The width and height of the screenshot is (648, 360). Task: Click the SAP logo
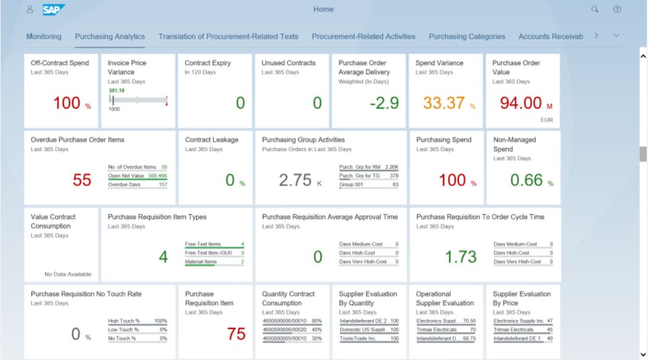(x=54, y=10)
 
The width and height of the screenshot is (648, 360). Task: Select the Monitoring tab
(x=44, y=36)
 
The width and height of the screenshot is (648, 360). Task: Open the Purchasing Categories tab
(x=467, y=36)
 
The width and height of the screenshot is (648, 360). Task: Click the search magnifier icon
(x=595, y=10)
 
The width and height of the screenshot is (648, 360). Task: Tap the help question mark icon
(x=616, y=10)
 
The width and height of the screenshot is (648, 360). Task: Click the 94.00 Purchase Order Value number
(x=517, y=103)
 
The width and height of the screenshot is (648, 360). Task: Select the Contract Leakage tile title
(x=212, y=140)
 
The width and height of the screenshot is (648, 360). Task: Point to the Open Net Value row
(x=138, y=175)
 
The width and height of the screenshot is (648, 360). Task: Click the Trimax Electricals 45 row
(x=521, y=329)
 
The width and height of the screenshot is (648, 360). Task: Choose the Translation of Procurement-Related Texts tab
(x=228, y=36)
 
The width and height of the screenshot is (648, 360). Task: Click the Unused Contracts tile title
(x=288, y=63)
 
